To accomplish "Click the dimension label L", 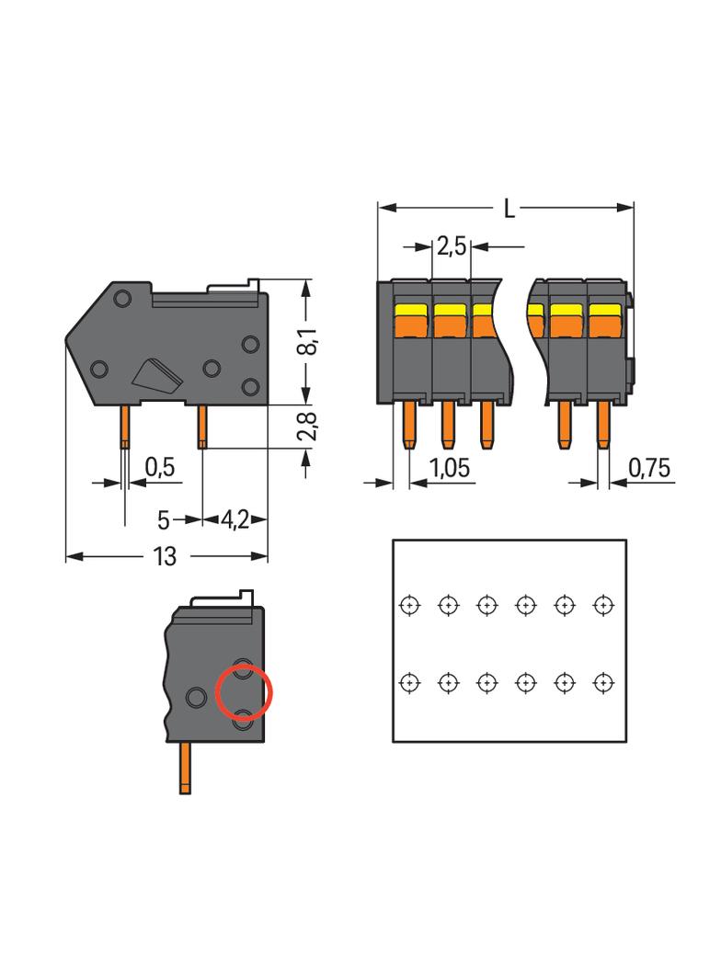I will (509, 209).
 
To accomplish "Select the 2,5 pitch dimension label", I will (452, 246).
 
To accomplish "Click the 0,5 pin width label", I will (159, 467).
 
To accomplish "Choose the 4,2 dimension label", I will (235, 520).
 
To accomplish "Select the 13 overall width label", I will (166, 557).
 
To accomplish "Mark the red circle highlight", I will (244, 692).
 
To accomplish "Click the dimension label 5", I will (163, 520).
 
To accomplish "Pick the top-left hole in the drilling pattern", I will (409, 605).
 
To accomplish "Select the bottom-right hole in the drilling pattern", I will (602, 683).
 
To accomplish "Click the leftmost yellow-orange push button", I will (412, 320).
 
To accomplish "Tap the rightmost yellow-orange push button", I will (602, 320).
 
